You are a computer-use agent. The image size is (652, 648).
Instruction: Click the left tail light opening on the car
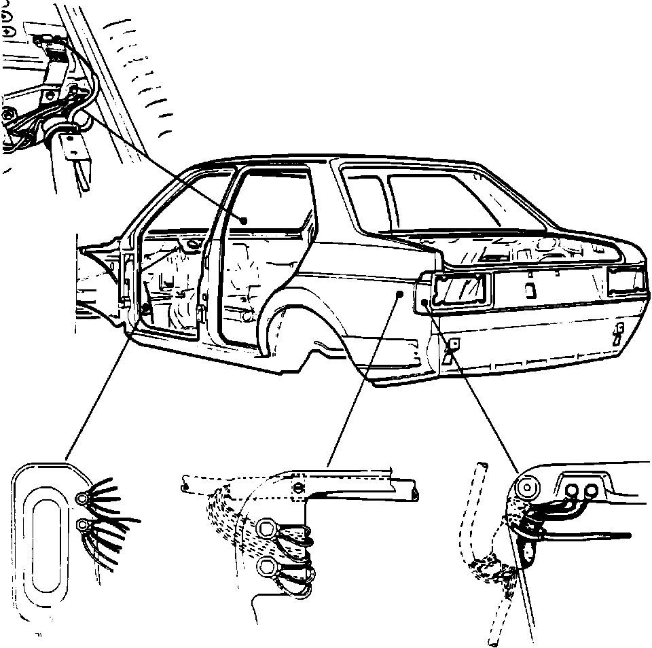[461, 289]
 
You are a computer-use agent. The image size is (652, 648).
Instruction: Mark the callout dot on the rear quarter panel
[401, 294]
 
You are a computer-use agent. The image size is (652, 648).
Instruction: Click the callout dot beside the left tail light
[424, 301]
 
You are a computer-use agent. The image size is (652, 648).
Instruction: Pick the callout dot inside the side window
[244, 219]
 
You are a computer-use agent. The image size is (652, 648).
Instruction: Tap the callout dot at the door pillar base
[145, 310]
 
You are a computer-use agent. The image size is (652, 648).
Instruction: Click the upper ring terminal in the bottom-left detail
[83, 500]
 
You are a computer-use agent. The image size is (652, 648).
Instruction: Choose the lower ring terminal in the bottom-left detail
[84, 524]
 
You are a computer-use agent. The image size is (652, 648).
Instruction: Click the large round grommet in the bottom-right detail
[528, 488]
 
